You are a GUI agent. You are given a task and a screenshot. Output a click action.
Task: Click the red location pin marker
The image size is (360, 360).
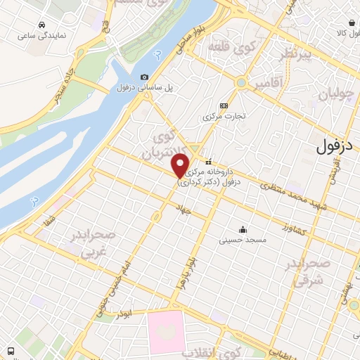point(181,166)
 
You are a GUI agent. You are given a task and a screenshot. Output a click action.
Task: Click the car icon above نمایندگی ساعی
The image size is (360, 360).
point(44,25)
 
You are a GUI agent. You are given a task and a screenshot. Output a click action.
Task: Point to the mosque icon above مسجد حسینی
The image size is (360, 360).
point(243,229)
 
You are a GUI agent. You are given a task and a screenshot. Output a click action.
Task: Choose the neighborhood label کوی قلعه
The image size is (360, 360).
point(226,47)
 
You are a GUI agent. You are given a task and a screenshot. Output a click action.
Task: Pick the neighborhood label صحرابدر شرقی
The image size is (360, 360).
point(307,271)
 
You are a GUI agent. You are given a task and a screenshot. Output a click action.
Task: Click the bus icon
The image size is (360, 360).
point(11,351)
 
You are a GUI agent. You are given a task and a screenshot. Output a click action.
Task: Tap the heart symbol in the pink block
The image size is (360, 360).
point(166,330)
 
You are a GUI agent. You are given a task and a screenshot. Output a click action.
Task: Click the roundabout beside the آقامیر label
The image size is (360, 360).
point(242,83)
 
